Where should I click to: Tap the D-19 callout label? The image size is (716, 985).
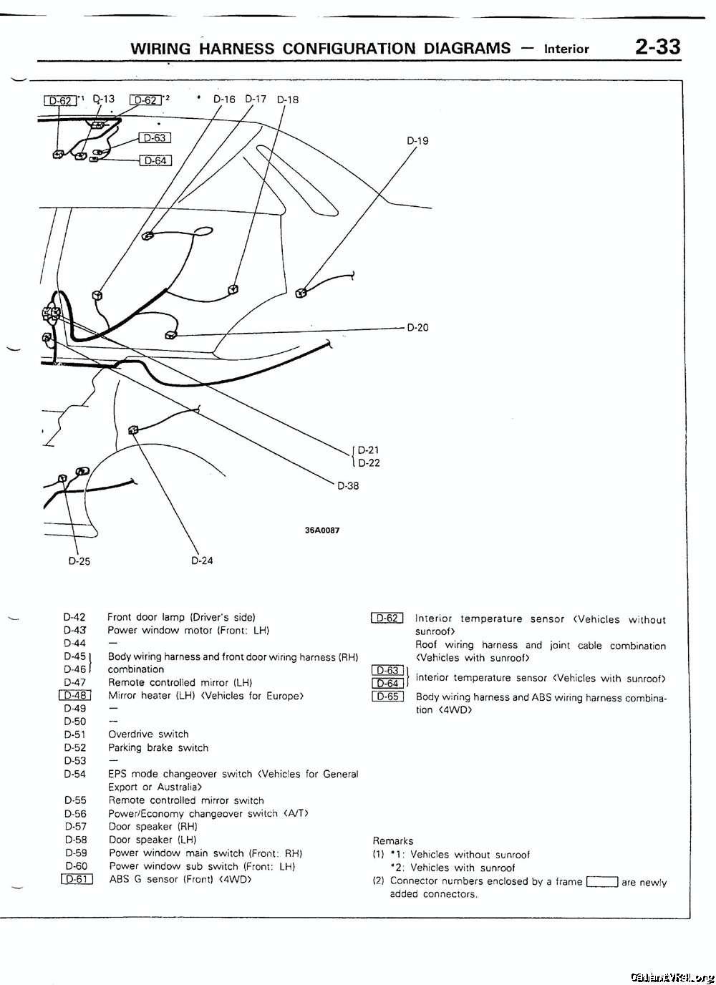[417, 141]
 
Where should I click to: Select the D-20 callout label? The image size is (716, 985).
[417, 328]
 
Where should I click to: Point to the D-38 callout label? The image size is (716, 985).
[348, 486]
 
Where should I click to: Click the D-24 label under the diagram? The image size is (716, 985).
[202, 561]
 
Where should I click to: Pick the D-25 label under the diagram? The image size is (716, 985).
[79, 561]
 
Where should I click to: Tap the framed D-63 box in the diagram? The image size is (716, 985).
[155, 138]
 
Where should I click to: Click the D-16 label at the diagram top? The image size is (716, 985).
[224, 100]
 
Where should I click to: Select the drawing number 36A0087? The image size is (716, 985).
[321, 530]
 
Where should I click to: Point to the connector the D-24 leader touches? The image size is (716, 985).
[132, 430]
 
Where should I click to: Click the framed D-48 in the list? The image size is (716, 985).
[75, 695]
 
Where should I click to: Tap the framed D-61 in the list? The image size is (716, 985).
[77, 880]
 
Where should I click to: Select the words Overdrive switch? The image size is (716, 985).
[148, 734]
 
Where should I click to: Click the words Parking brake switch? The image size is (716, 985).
[158, 747]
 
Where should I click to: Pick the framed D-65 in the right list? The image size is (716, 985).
[388, 697]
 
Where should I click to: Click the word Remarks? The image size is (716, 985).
[393, 841]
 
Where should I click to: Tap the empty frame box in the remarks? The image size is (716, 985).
[602, 882]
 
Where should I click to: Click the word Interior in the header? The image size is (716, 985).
[566, 49]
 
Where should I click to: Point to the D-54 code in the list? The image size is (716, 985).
[75, 774]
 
